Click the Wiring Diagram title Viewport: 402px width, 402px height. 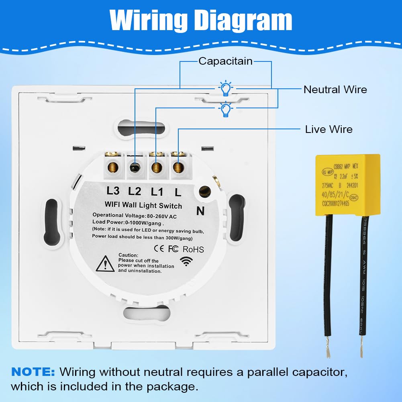pos(201,20)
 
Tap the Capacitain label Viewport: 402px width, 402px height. pos(225,61)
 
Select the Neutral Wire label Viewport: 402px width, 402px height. pos(335,89)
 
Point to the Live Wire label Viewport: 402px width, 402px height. pos(329,129)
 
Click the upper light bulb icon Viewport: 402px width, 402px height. pos(226,88)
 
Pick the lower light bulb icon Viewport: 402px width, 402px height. pos(226,109)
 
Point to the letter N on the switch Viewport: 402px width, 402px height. pos(200,210)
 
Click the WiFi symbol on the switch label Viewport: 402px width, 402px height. pos(186,261)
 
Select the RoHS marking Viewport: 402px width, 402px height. pos(193,249)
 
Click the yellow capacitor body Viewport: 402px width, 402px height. pos(347,184)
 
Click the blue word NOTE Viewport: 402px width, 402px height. pos(33,371)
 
